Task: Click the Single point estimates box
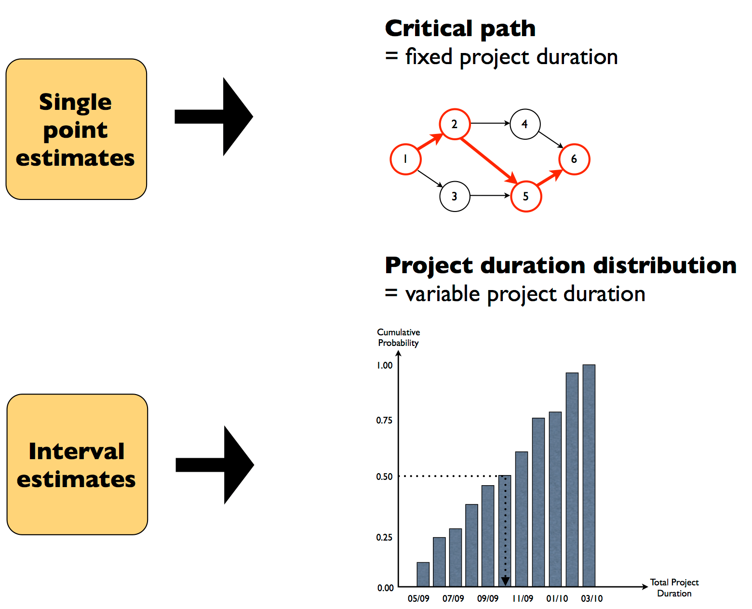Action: point(76,129)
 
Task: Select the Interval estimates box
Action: point(77,464)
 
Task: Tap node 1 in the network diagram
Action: point(405,159)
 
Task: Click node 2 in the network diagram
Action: point(454,124)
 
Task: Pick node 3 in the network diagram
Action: point(455,196)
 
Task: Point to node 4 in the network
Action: point(525,124)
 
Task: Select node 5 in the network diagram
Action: point(526,196)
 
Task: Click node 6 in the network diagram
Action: point(574,159)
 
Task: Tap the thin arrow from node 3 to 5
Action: point(489,196)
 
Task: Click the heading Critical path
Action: point(460,28)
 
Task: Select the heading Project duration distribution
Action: point(560,265)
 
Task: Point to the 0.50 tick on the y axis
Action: point(384,477)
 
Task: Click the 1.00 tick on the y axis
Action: point(384,365)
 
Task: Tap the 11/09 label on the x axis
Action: point(523,598)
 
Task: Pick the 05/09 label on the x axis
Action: point(418,598)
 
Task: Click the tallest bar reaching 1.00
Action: point(589,475)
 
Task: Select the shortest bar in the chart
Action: point(423,574)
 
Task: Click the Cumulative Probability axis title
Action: point(398,337)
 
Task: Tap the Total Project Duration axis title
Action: point(674,588)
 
